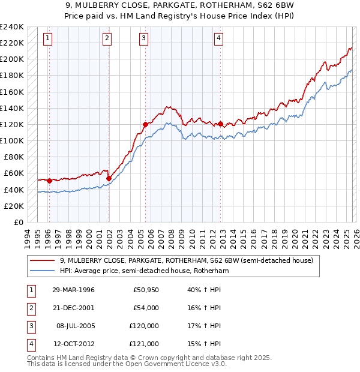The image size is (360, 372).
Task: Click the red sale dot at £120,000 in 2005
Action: click(x=145, y=124)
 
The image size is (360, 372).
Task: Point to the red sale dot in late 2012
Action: click(x=221, y=124)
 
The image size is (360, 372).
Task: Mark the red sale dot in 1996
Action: click(x=49, y=180)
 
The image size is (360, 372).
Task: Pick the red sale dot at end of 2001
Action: click(x=109, y=178)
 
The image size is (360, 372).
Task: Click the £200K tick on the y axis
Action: click(x=12, y=59)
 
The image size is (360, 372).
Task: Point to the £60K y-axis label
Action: click(x=14, y=173)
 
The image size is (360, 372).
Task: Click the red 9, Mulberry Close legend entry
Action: click(x=186, y=261)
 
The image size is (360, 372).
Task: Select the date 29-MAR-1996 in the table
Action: click(x=73, y=290)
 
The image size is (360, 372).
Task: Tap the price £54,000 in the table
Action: click(x=146, y=308)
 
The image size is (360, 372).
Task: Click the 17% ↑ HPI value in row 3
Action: click(x=200, y=326)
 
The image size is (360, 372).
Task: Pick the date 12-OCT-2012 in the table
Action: click(x=73, y=344)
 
